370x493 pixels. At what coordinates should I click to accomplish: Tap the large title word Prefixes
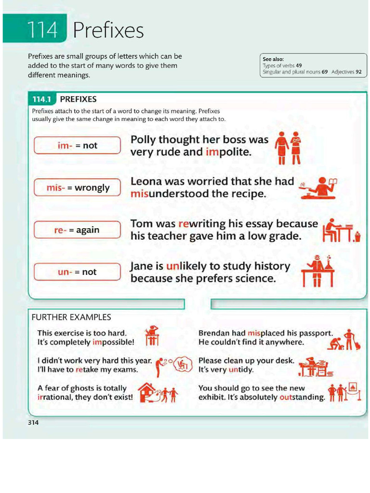[108, 31]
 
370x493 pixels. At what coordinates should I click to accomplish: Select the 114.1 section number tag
[42, 99]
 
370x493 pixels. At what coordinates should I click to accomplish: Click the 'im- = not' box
[77, 145]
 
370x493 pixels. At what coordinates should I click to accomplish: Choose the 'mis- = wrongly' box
[77, 188]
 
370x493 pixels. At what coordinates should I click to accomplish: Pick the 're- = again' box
[77, 230]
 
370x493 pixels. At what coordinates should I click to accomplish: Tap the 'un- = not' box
[77, 272]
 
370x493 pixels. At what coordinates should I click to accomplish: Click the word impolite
[228, 152]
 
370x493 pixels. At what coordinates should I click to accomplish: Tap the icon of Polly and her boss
[289, 147]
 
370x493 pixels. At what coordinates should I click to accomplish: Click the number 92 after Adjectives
[358, 72]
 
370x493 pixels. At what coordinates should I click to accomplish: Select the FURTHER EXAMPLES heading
[71, 317]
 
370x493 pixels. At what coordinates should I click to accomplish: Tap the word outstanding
[302, 398]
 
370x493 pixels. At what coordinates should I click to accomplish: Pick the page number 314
[33, 423]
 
